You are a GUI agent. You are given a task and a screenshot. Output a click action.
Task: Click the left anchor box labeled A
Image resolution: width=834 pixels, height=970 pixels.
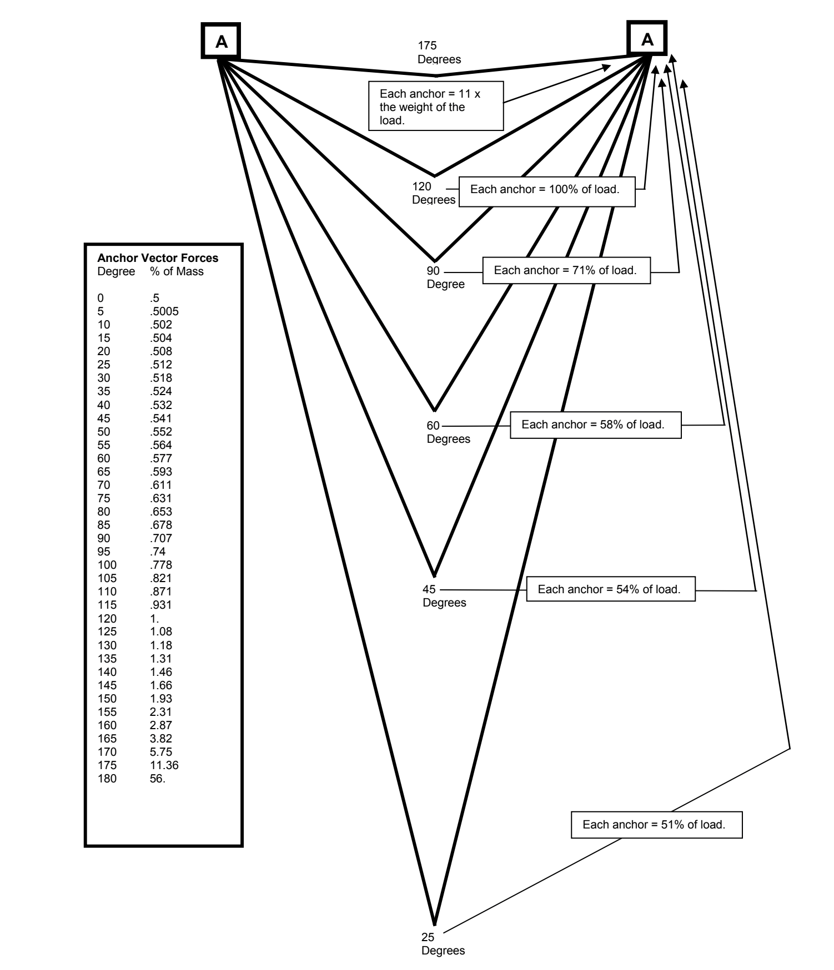220,41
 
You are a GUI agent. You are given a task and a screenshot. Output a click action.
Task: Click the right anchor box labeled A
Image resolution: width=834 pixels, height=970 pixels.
647,39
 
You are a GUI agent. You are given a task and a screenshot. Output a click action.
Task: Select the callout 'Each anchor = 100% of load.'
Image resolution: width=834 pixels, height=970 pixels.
546,190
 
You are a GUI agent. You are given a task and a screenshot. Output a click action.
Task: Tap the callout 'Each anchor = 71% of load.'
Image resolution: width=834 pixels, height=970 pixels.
566,271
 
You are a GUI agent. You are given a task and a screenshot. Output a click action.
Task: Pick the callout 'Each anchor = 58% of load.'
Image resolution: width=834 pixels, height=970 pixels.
595,425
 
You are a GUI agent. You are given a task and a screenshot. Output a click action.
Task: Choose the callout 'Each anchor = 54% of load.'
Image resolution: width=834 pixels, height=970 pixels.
610,589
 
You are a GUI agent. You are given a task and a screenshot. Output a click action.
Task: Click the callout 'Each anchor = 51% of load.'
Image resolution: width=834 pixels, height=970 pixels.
656,825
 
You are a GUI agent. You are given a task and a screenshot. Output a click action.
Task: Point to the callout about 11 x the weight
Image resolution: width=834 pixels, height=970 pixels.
435,107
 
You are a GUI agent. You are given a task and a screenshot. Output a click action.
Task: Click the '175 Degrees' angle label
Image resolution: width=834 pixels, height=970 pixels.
439,53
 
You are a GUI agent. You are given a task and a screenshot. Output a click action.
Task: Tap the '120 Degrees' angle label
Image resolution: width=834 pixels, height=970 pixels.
433,193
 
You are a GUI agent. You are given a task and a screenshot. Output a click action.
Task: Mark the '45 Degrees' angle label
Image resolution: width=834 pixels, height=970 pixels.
444,596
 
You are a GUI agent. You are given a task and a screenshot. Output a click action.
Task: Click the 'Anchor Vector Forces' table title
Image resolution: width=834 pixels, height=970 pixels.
158,258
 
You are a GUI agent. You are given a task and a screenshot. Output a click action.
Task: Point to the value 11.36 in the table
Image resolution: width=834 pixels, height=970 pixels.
164,765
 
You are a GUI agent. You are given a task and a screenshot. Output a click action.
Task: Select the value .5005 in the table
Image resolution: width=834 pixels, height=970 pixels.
164,311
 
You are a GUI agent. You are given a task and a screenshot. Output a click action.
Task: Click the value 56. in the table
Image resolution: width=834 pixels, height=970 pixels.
157,779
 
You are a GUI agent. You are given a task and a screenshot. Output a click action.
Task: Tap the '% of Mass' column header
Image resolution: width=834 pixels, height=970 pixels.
177,271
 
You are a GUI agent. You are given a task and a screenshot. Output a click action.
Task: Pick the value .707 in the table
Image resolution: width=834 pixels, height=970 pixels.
160,538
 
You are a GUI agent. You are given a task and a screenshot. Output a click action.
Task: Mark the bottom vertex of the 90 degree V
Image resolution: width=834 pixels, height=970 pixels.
435,260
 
